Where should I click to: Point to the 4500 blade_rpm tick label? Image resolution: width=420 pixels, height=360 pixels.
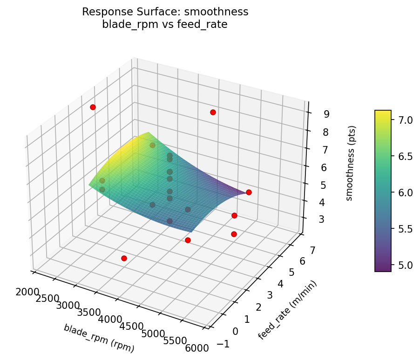pyautogui.click(x=131, y=327)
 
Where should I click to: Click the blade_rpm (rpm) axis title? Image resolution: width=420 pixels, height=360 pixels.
pyautogui.click(x=99, y=338)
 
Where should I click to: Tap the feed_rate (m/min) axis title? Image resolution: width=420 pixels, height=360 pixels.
pyautogui.click(x=287, y=311)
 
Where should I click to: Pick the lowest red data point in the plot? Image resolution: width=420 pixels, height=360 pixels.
pyautogui.click(x=124, y=258)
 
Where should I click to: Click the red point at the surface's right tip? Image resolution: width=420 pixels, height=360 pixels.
pyautogui.click(x=249, y=192)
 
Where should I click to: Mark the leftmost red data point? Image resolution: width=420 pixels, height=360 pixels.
pyautogui.click(x=93, y=107)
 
